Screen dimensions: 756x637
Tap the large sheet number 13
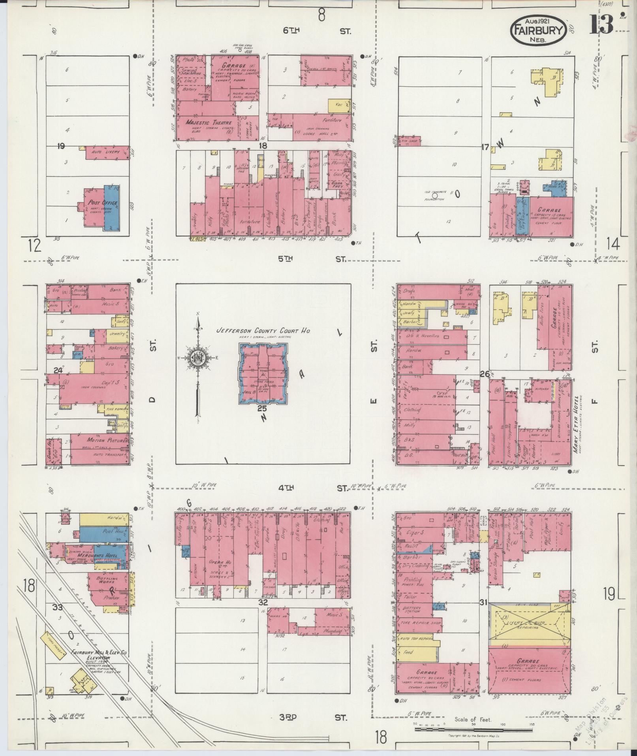[x=602, y=25]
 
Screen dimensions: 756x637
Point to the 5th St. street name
[x=312, y=259]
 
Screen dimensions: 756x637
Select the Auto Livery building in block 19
[x=107, y=152]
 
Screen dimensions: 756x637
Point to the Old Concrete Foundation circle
[x=435, y=195]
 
